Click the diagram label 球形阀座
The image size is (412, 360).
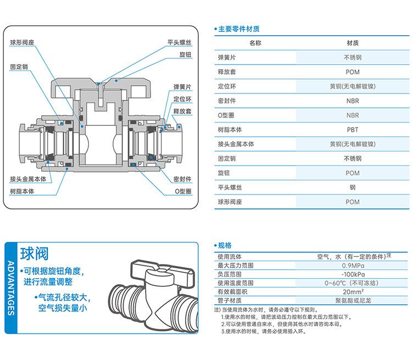coord(23,42)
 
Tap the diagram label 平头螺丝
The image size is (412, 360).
coord(179,42)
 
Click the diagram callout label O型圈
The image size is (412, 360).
coord(182,191)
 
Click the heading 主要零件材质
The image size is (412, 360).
coord(239,29)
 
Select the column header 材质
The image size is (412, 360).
coord(353,43)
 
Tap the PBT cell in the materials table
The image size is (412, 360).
coord(353,130)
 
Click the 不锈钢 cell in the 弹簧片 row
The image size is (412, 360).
coord(353,57)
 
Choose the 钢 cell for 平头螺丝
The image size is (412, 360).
coord(353,187)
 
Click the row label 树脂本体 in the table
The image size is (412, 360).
coord(230,130)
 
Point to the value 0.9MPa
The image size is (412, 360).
coord(353,266)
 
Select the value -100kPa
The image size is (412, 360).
coord(353,274)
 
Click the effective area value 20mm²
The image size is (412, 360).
coord(353,292)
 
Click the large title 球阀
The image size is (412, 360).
coord(34,253)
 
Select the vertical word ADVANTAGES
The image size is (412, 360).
coord(10,288)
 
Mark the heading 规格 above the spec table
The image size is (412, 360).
coord(225,246)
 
